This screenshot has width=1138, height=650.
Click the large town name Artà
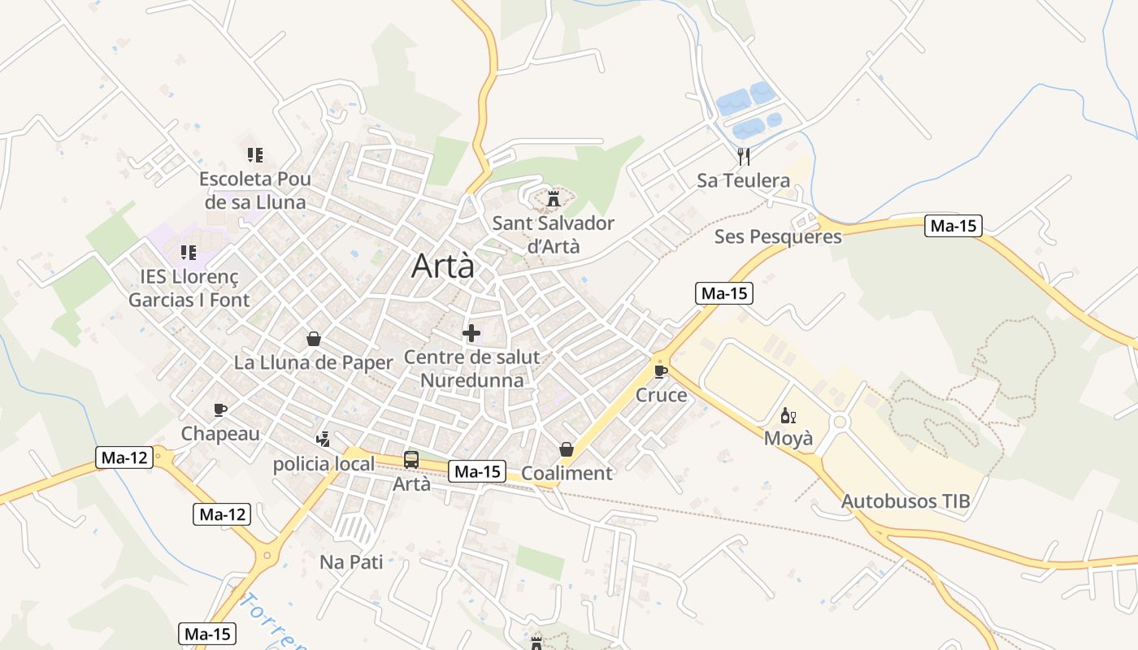[442, 266]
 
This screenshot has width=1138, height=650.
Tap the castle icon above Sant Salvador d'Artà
[554, 198]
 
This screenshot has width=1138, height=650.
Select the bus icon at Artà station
[411, 460]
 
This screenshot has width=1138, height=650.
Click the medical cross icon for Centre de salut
[471, 333]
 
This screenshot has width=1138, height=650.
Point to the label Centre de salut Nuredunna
[471, 368]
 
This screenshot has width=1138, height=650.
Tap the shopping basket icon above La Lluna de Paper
[314, 339]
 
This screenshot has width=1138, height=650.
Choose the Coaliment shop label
[567, 473]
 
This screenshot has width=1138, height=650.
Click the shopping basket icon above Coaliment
[567, 449]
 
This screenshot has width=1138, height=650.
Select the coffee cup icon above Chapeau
[219, 409]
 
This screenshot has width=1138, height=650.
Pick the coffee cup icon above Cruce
[661, 372]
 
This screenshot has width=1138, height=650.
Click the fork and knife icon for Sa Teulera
[743, 155]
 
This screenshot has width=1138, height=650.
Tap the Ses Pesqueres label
[778, 236]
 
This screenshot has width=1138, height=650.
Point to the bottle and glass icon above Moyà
[788, 416]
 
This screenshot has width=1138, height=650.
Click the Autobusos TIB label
[906, 500]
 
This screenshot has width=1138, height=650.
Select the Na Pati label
[351, 561]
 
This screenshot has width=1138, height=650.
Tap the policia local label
[324, 464]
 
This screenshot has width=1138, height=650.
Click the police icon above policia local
[323, 440]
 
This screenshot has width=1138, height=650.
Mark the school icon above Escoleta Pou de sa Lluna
[255, 154]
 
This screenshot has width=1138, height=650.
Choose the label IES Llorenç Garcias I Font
[189, 288]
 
